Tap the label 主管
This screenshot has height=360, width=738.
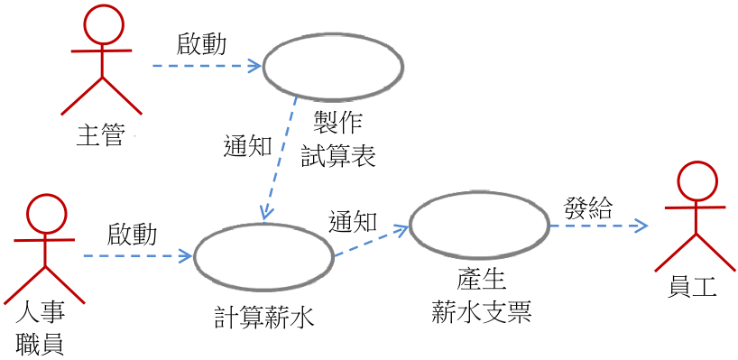tap(101, 136)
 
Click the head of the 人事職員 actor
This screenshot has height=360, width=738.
tap(46, 214)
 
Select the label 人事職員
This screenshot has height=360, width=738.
tap(40, 329)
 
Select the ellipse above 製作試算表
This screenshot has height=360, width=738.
tap(333, 66)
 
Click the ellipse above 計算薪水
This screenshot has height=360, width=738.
tap(264, 256)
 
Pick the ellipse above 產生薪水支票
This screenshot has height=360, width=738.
tap(479, 225)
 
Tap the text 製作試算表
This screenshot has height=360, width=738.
tap(338, 141)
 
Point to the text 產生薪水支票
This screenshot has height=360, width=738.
tap(482, 298)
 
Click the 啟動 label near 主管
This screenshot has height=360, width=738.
tap(201, 45)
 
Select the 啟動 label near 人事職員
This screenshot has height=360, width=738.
tap(133, 235)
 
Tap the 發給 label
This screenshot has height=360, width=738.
tap(588, 208)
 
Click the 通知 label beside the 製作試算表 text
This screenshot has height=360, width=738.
tap(247, 147)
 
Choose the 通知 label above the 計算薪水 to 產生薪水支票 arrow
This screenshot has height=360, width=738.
tap(353, 221)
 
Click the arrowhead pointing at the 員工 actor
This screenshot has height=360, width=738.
tap(641, 226)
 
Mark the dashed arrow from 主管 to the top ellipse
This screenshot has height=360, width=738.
tap(208, 66)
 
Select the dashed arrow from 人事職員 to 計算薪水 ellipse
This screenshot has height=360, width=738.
tap(138, 256)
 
